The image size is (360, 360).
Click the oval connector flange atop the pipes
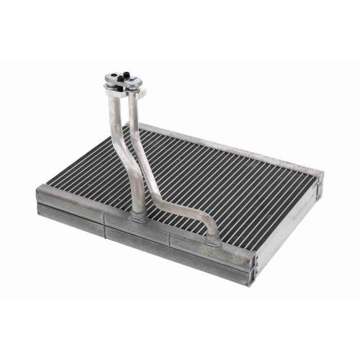[125, 79]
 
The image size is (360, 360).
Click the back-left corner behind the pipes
[137, 127]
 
